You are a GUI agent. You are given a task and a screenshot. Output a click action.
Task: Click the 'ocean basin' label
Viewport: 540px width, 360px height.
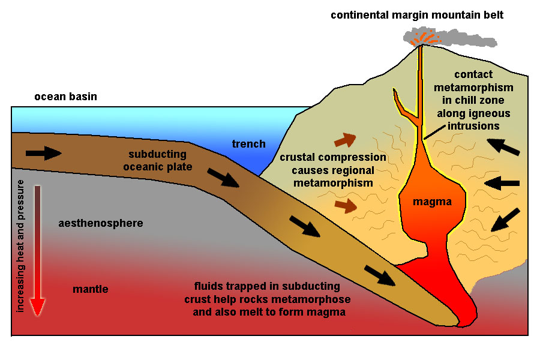(x=65, y=97)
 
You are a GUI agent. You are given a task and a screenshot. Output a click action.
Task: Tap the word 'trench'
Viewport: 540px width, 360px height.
(x=248, y=143)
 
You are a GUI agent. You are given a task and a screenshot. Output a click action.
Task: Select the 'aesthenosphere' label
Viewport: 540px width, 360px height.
(x=101, y=223)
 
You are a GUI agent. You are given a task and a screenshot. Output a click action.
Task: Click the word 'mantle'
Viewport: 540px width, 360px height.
(x=91, y=289)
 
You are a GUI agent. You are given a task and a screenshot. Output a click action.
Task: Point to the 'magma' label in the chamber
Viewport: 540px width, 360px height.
(x=432, y=202)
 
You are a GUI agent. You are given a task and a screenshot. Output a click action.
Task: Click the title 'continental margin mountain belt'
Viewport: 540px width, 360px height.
(x=417, y=14)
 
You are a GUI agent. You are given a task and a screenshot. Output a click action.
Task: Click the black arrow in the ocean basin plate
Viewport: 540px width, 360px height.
(x=43, y=154)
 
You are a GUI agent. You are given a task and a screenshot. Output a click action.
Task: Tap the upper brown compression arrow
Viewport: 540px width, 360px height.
(x=344, y=140)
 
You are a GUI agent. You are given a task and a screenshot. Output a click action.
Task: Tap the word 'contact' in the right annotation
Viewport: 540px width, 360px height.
(x=473, y=74)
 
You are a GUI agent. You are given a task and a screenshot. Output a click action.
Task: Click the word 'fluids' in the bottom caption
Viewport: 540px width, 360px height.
(x=208, y=286)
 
